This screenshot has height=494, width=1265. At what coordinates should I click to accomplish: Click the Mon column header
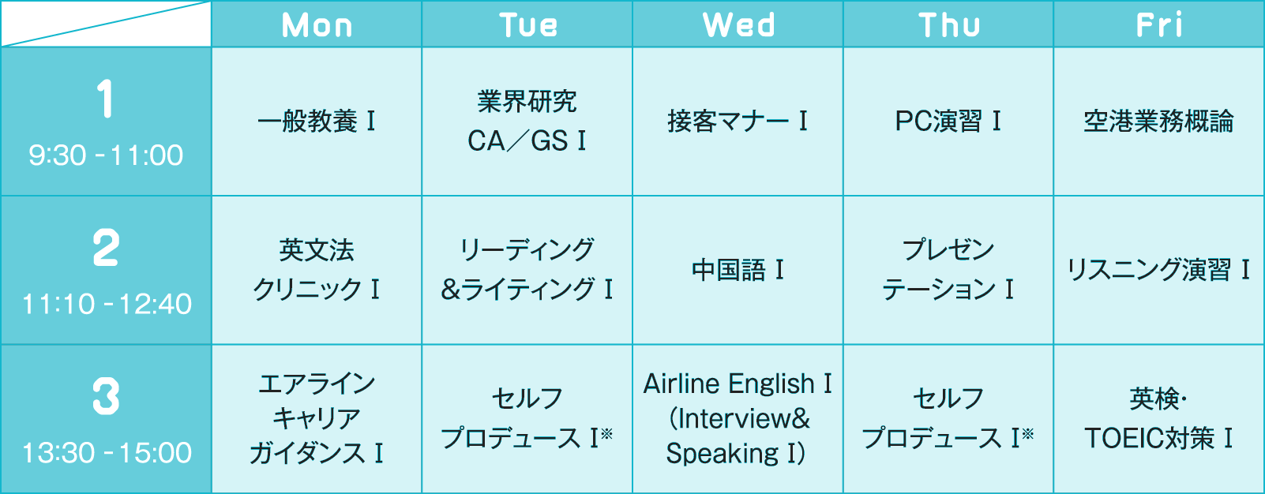317,25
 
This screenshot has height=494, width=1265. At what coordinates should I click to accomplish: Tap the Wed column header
738,25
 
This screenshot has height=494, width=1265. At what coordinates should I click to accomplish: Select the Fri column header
1159,25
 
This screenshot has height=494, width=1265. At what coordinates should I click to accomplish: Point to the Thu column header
948,25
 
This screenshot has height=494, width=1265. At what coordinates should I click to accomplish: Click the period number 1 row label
105,99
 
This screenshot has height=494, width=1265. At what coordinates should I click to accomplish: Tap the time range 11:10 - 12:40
107,304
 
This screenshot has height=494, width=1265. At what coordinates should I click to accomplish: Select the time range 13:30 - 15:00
107,453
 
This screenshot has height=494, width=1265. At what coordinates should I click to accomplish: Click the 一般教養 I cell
317,122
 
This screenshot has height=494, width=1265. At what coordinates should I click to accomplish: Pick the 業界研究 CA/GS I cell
527,121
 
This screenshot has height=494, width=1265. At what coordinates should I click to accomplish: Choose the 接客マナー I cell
738,122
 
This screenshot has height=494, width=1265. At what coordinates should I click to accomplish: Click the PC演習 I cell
948,122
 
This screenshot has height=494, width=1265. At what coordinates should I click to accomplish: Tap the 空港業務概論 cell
1158,122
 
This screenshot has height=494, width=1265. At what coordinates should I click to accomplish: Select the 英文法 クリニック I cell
317,270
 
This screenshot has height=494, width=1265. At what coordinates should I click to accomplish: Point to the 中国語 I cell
738,270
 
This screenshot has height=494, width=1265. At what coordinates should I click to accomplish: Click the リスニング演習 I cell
1158,270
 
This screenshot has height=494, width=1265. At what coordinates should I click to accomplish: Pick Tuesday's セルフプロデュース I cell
527,418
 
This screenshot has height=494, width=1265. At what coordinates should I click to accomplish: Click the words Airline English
728,384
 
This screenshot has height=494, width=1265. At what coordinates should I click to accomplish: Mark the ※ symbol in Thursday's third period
1027,432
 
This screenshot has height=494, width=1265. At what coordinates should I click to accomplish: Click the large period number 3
106,396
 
